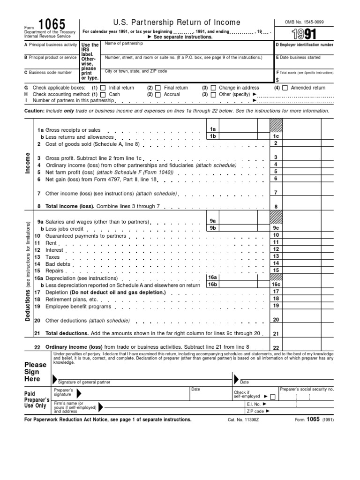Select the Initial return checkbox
coord(103,88)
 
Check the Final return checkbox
coord(157,88)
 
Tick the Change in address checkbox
coord(213,88)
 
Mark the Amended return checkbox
coord(285,88)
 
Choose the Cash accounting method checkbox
coord(103,94)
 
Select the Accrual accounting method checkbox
coord(157,94)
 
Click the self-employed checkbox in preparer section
coord(273,397)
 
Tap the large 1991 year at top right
coord(304,34)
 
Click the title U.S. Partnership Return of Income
coord(177,22)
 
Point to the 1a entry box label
coord(213,129)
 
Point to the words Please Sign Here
coord(35,372)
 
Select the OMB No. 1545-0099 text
coord(304,22)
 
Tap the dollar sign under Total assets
coord(277,80)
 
